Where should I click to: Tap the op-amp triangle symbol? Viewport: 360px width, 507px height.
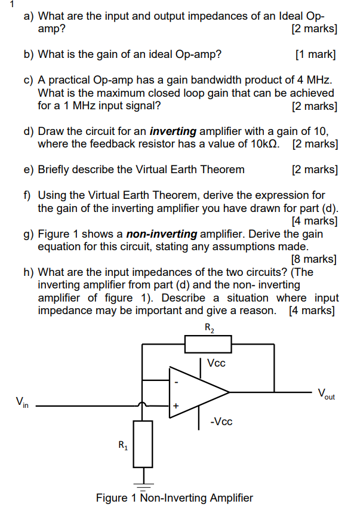197,392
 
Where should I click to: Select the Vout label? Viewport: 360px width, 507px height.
327,394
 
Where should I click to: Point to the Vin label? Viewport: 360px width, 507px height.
21,401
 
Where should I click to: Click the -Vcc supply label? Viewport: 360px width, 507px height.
221,422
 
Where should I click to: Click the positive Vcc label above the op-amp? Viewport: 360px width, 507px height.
216,363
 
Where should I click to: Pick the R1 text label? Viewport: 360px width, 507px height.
122,444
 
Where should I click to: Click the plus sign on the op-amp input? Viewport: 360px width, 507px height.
176,406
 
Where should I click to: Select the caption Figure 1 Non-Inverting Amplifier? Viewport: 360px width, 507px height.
174,497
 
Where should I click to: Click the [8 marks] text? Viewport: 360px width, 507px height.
313,259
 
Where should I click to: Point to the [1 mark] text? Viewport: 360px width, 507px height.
315,55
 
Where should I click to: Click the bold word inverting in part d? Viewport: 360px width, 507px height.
172,131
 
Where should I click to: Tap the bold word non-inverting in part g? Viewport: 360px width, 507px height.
165,234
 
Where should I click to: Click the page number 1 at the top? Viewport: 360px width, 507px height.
4,4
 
